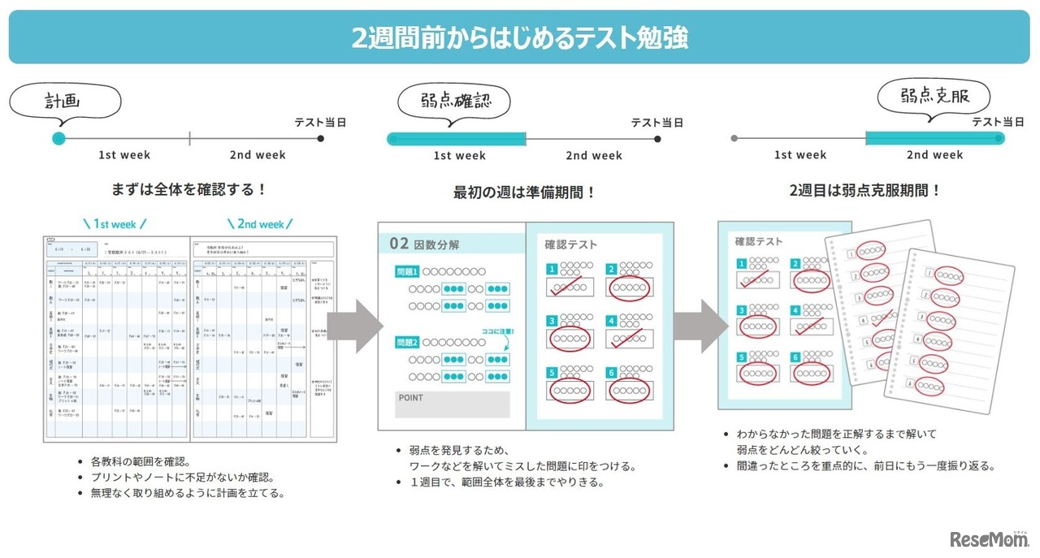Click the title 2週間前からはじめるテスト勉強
pyautogui.click(x=520, y=37)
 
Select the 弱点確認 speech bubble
pyautogui.click(x=454, y=103)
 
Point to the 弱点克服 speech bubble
pyautogui.click(x=935, y=97)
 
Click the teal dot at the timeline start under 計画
pyautogui.click(x=58, y=139)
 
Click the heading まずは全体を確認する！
pyautogui.click(x=189, y=190)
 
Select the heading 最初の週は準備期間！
pyautogui.click(x=525, y=192)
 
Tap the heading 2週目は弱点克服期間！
pyautogui.click(x=865, y=191)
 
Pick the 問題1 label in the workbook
pyautogui.click(x=406, y=271)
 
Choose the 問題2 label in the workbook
pyautogui.click(x=406, y=342)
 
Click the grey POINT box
pyautogui.click(x=452, y=404)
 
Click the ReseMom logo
pyautogui.click(x=989, y=539)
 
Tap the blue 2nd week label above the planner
pyautogui.click(x=261, y=223)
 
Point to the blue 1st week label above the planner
pyautogui.click(x=115, y=223)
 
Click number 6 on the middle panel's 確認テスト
pyautogui.click(x=611, y=373)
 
